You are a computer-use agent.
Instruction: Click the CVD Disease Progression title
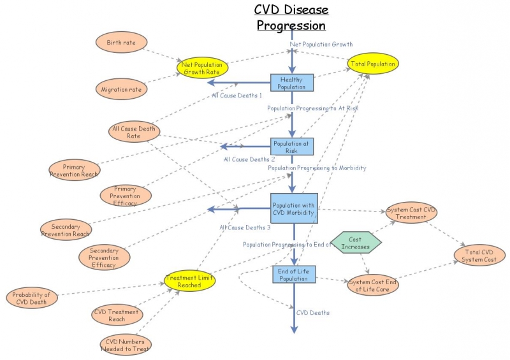point(291,18)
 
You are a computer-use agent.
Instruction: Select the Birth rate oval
point(121,43)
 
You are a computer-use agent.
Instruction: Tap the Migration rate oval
point(121,89)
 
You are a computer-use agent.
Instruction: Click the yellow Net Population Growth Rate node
point(202,68)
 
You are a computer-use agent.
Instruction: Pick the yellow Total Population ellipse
point(372,64)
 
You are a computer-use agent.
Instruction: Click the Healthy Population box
point(292,83)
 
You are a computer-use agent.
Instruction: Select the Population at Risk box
point(291,147)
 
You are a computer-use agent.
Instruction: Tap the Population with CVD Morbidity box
point(293,209)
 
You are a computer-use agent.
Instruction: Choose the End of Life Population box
point(294,275)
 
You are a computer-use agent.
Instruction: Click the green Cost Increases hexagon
point(356,243)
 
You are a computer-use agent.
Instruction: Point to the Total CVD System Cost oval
point(480,256)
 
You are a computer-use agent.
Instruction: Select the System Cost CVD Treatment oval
point(411,213)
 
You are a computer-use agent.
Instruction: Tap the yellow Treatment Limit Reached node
point(190,281)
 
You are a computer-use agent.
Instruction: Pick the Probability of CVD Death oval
point(32,298)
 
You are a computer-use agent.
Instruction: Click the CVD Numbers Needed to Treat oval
point(126,345)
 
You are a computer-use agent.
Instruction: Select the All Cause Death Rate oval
point(134,133)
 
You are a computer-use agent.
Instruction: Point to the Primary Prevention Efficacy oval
point(126,196)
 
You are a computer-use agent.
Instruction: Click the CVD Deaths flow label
point(313,313)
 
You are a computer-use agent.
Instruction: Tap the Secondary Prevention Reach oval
point(66,230)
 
